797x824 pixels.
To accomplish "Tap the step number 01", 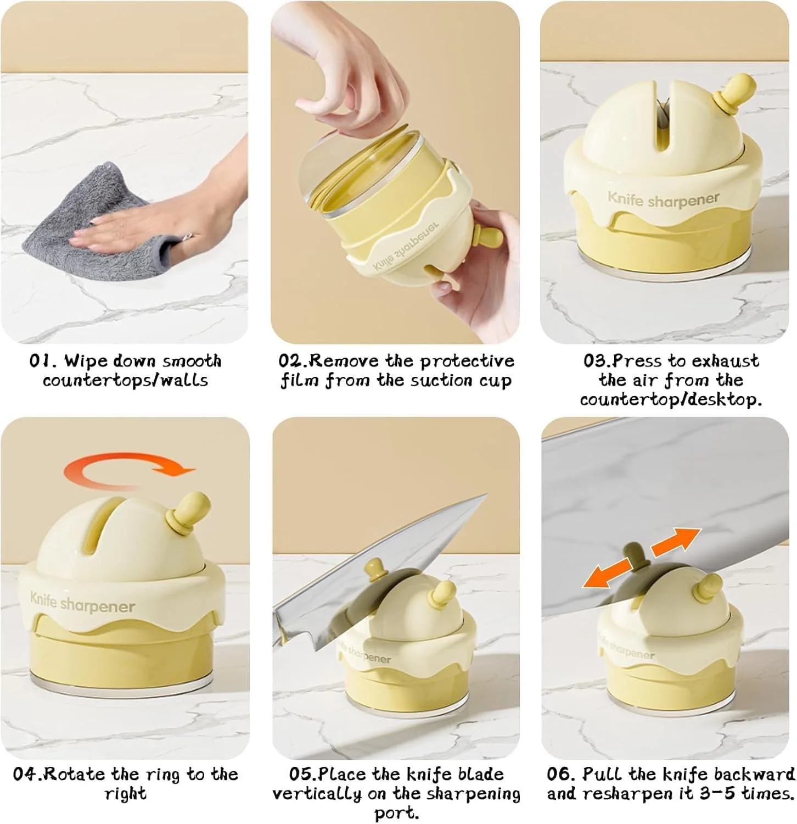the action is [43, 361].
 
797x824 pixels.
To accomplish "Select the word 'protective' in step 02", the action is [467, 362].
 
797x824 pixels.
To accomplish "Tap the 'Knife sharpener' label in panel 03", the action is [663, 199].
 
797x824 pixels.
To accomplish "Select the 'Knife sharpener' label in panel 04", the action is [82, 603].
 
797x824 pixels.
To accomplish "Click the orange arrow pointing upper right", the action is [676, 542].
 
